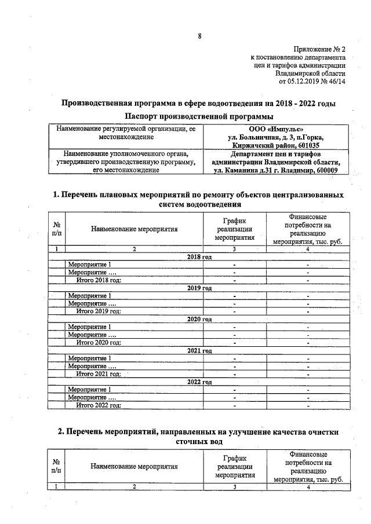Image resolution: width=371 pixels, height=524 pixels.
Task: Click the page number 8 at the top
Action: (199, 36)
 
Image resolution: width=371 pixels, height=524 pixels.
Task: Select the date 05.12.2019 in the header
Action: (306, 82)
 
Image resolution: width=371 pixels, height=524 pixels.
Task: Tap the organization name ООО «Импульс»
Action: (275, 129)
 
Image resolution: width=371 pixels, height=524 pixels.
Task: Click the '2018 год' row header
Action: (199, 256)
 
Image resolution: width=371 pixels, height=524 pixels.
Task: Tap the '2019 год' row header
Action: (199, 288)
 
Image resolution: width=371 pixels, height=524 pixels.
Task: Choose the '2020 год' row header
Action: (199, 319)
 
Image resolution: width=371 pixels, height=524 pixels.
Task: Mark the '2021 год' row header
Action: (199, 351)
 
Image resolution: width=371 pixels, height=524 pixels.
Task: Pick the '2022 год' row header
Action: (199, 382)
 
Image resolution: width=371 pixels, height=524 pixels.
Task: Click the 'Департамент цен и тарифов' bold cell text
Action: (275, 155)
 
